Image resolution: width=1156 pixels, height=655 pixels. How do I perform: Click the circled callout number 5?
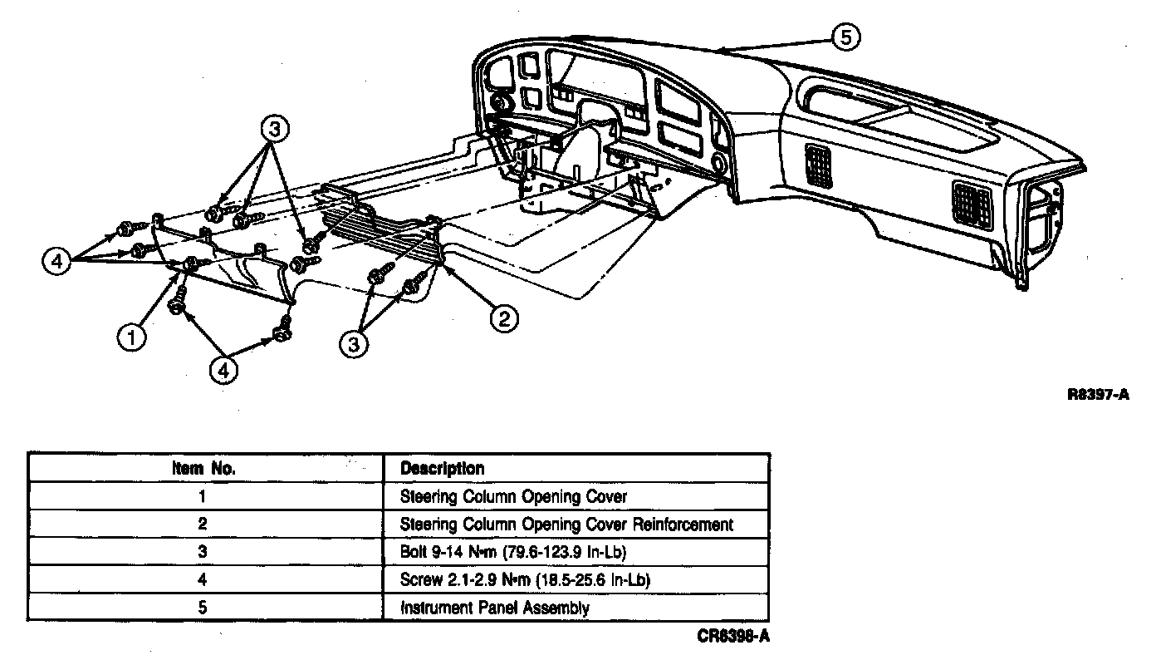845,37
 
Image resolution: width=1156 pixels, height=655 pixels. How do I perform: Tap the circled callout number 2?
505,318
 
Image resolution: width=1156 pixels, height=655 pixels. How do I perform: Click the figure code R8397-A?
1098,396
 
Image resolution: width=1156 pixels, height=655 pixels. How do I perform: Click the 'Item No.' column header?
204,469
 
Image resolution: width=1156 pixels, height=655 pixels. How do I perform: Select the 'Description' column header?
442,469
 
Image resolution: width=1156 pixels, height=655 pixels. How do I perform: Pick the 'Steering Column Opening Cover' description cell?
513,497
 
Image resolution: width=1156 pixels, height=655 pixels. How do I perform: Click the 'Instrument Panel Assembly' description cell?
495,608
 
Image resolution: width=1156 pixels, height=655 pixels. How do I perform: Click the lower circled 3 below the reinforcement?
355,343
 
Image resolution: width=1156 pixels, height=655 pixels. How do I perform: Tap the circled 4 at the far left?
56,261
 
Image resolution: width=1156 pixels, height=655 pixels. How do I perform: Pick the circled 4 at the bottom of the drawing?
222,369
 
